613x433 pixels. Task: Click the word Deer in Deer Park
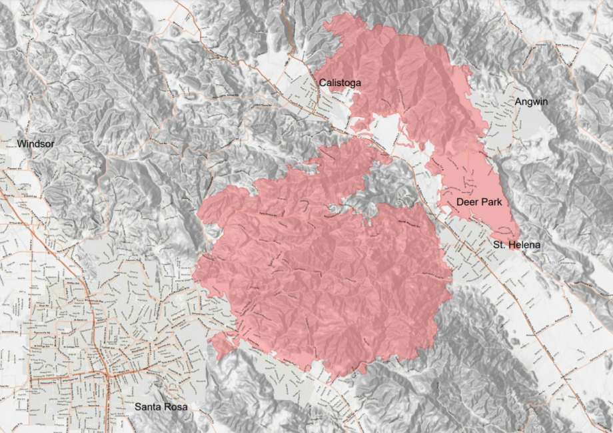(x=468, y=201)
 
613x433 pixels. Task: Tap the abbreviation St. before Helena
(x=499, y=246)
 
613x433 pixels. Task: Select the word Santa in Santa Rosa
(x=147, y=407)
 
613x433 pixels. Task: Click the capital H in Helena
(x=513, y=246)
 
